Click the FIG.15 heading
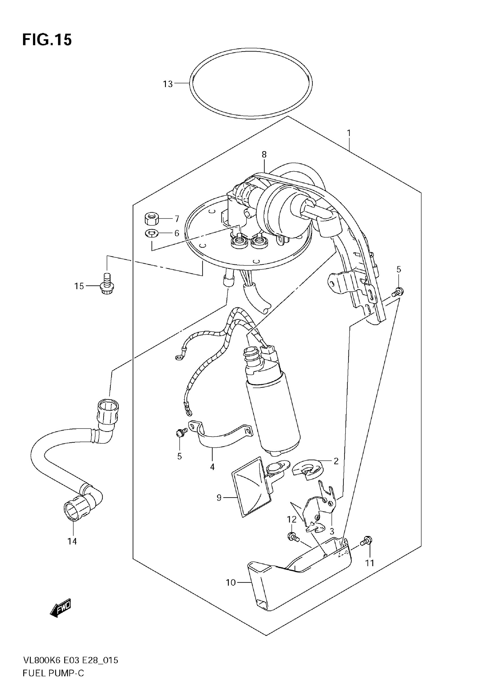[x=47, y=40]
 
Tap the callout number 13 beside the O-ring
[x=168, y=84]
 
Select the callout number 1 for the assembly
[x=349, y=133]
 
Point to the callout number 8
[x=264, y=155]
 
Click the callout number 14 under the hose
[x=72, y=542]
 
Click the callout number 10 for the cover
[x=231, y=582]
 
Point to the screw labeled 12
[x=292, y=536]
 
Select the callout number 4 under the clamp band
[x=212, y=467]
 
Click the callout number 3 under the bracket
[x=332, y=531]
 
